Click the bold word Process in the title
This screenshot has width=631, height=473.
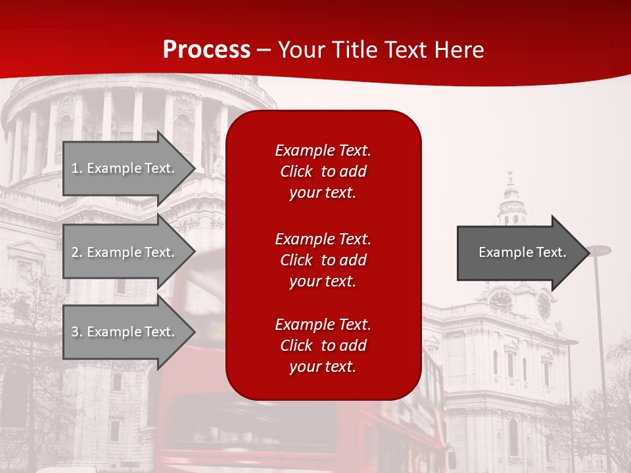point(206,50)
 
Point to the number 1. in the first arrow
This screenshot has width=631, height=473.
point(77,168)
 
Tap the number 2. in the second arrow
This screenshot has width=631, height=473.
point(77,252)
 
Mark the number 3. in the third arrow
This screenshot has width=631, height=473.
point(77,332)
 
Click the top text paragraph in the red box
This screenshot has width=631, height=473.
point(323,171)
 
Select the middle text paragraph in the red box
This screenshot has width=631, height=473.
point(323,260)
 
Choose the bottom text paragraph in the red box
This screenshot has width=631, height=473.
point(323,346)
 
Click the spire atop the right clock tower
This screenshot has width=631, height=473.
point(511,184)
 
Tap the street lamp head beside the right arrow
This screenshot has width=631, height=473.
point(598,250)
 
